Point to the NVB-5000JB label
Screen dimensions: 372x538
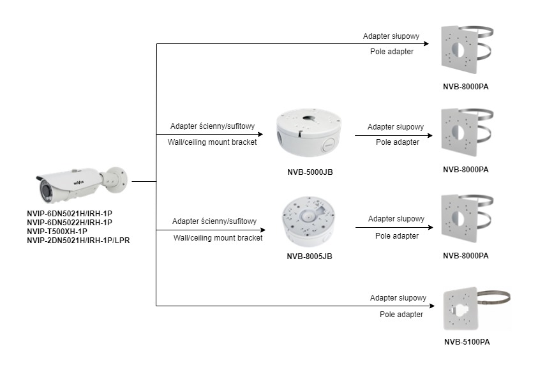coord(310,172)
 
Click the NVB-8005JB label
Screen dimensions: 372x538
coord(310,257)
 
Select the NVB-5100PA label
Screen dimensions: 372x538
coord(467,342)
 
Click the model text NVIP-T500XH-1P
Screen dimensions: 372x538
coord(57,231)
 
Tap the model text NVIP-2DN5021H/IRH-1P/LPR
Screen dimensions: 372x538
coord(78,240)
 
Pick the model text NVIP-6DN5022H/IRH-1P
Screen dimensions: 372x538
coord(69,222)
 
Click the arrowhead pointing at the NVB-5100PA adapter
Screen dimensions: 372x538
coord(432,306)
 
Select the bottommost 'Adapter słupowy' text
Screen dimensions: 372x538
coord(398,298)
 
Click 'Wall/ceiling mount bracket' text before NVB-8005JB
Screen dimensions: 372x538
coord(218,237)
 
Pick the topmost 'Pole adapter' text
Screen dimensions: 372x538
coord(392,51)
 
